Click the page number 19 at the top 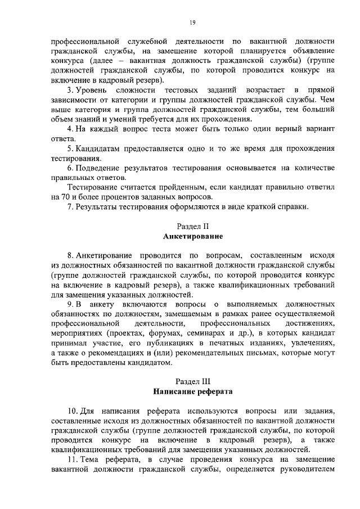click(192, 22)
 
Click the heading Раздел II click(192, 227)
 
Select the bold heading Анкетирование click(192, 236)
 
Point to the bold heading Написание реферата click(192, 391)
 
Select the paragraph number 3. click(69, 90)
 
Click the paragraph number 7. click(69, 207)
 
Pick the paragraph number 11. click(71, 460)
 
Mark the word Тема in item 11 click(91, 460)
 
